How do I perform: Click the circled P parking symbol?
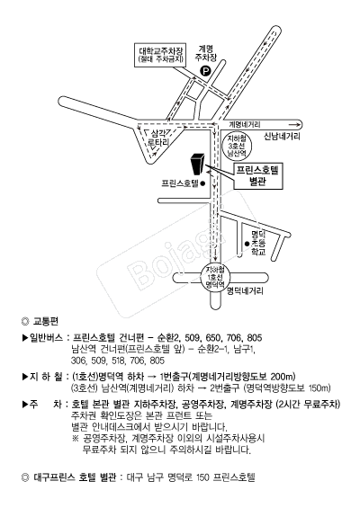[x=204, y=68]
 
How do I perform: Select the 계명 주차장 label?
[x=205, y=52]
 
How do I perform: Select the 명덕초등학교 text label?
[x=260, y=244]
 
